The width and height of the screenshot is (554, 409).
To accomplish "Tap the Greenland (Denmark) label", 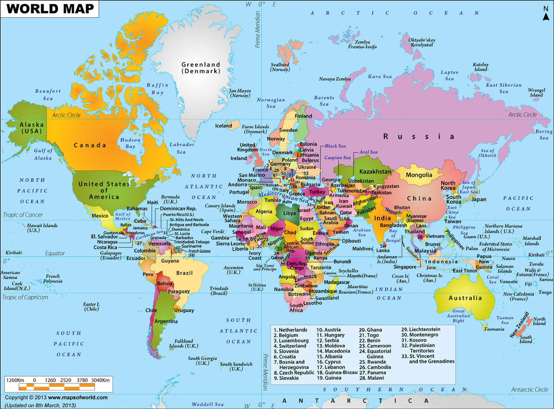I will coord(201,68).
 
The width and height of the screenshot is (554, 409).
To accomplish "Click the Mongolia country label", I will coord(419,175).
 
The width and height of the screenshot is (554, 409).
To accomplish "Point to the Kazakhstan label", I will coord(375,172).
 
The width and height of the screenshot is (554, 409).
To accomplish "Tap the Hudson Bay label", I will coord(130,143).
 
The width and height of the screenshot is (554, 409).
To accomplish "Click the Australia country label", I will coord(465,298).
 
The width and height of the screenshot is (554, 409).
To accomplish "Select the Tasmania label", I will coord(494,329).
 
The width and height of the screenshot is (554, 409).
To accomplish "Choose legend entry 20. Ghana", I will coord(370,330).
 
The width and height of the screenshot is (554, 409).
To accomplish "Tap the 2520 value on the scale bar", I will coord(66,380).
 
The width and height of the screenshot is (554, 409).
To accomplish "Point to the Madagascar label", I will coord(337,282).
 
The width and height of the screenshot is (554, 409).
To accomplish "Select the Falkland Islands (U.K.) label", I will coord(184,343).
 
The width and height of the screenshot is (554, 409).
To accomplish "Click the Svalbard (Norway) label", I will coord(280,67).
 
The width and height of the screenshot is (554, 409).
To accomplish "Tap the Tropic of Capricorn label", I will coord(25,297).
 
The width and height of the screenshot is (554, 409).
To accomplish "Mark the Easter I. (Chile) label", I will coord(91,307).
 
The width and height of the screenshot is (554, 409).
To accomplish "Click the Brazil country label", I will coord(184,273).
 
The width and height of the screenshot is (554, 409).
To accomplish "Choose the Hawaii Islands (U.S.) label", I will coord(42,228).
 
